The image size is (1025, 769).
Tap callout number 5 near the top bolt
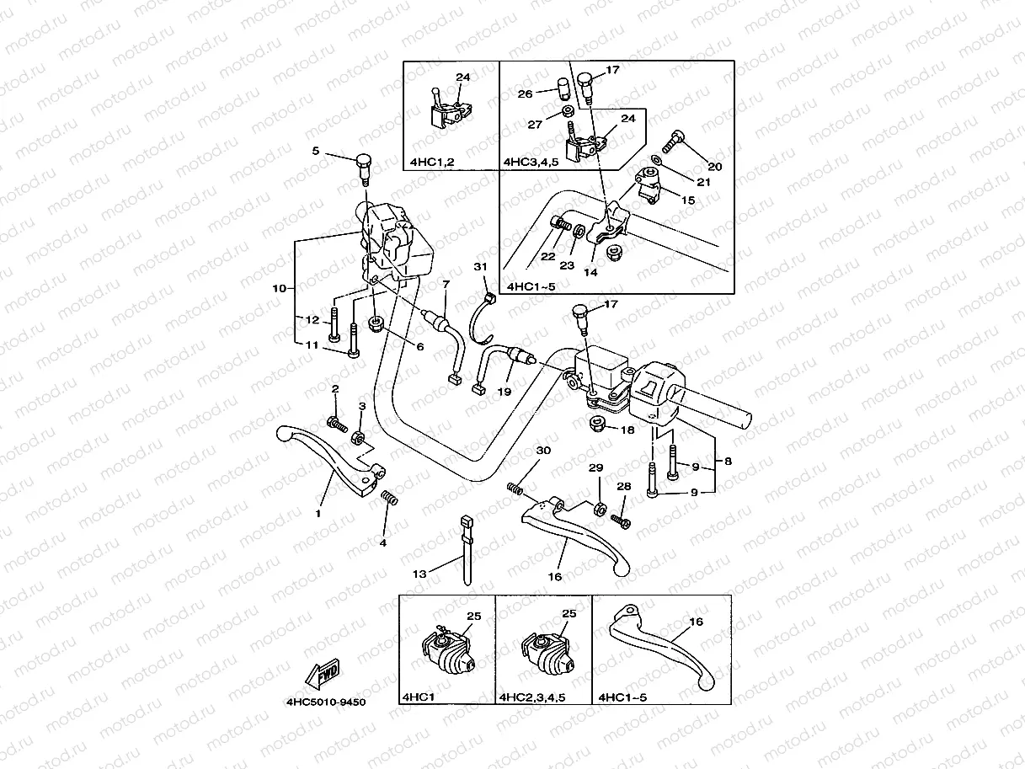316,152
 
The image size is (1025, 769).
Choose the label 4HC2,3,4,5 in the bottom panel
531,697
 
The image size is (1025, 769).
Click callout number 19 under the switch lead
504,393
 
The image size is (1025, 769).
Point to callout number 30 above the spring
543,451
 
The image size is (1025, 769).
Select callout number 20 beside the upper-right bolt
715,166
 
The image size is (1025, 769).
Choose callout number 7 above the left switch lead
446,285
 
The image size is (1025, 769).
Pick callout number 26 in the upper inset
526,94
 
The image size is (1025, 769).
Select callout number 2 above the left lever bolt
334,388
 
